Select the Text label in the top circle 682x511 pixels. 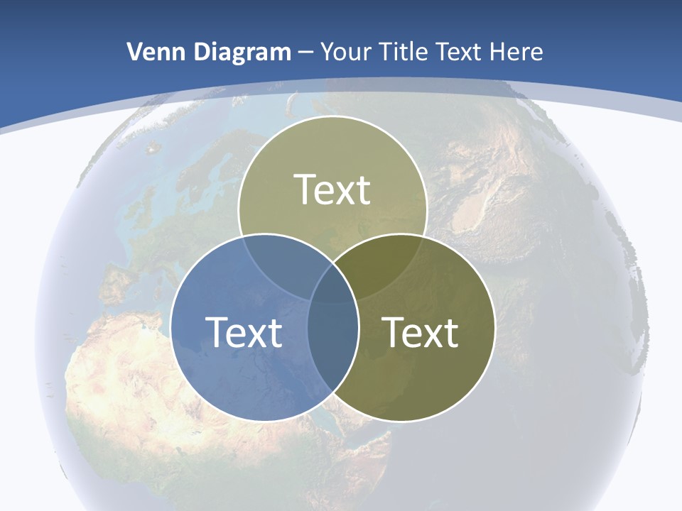[332, 190]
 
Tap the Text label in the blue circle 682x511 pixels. [244, 332]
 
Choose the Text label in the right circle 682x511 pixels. [420, 332]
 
